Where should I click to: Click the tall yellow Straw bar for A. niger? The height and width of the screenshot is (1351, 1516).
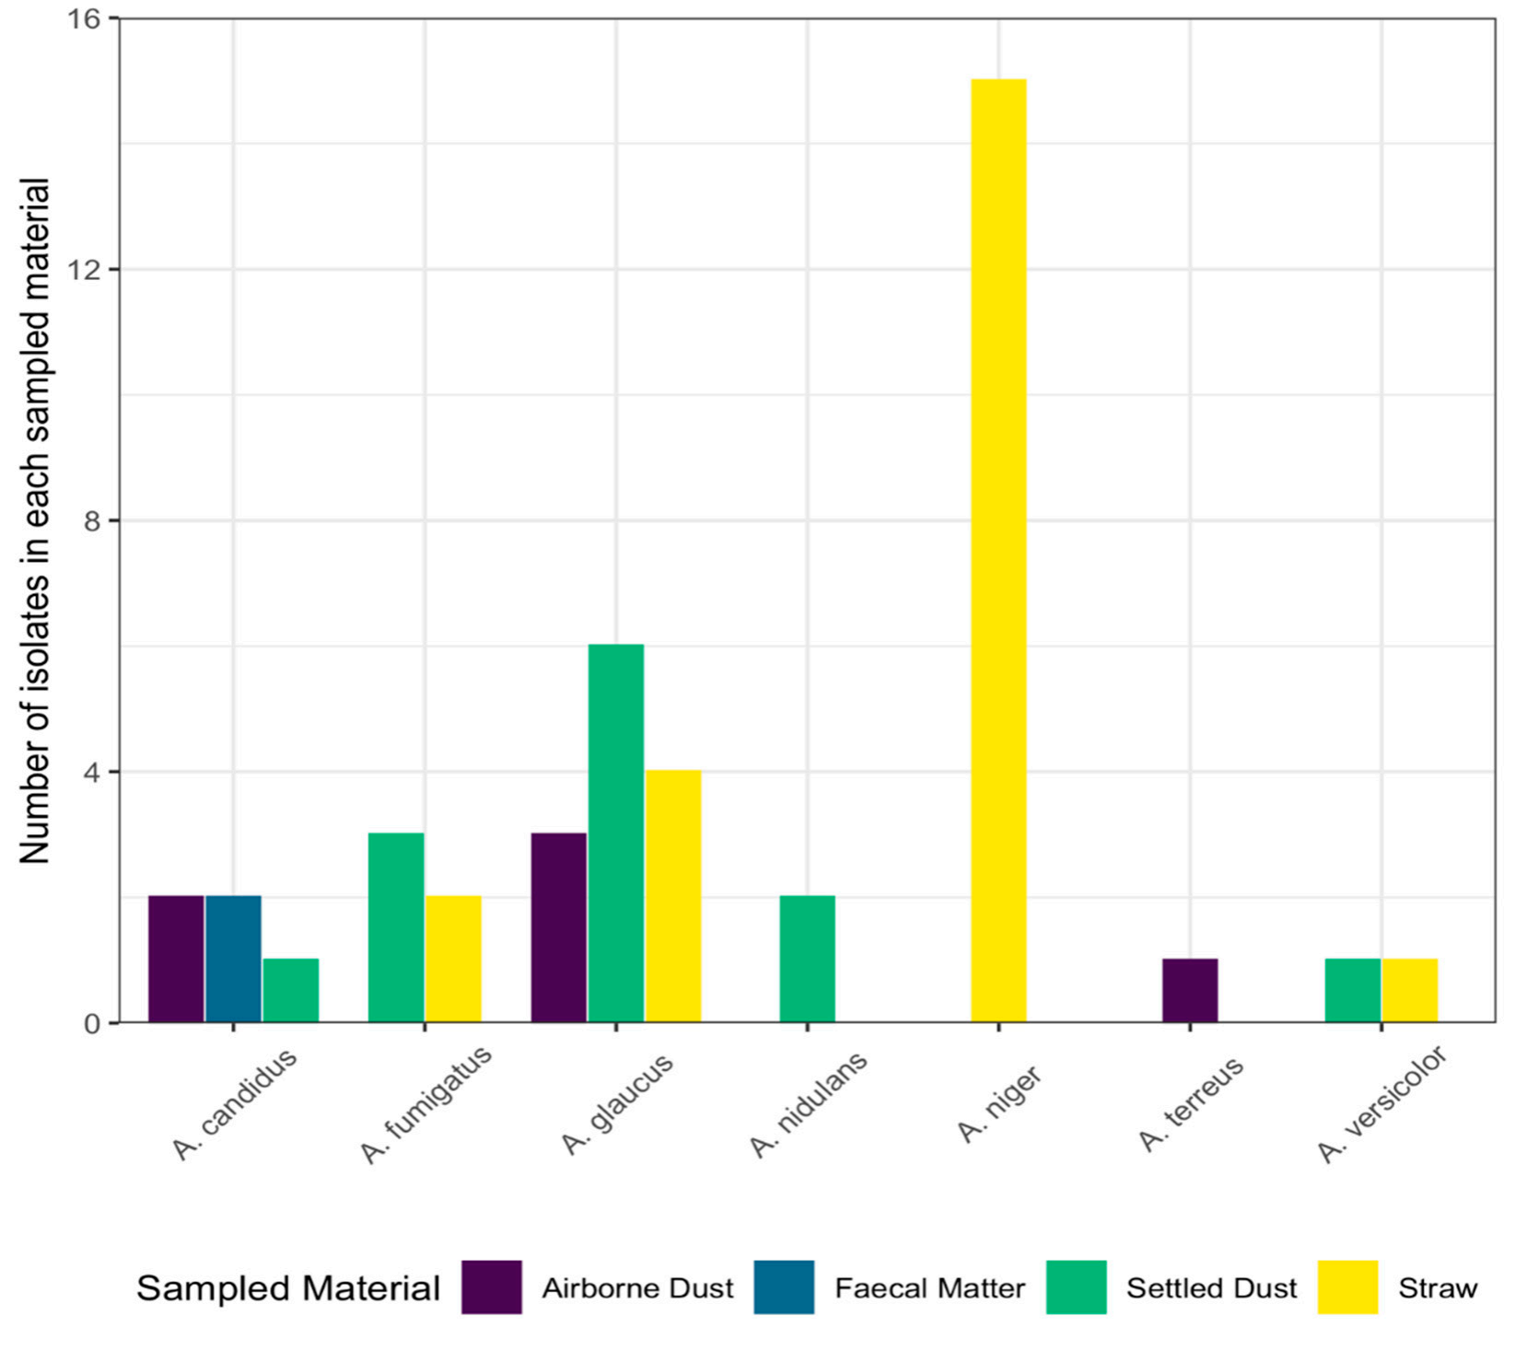(x=998, y=551)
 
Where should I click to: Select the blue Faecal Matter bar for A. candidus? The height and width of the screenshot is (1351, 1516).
(x=233, y=959)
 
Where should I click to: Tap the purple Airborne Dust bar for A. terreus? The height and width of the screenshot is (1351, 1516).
(x=1190, y=990)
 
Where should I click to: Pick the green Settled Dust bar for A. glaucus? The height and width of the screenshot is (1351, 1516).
(x=616, y=833)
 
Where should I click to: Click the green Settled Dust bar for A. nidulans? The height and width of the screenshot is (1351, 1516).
(x=808, y=959)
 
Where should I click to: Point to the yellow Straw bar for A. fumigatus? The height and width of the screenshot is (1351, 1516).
(x=453, y=959)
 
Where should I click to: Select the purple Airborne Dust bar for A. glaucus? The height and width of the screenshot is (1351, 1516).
(x=559, y=927)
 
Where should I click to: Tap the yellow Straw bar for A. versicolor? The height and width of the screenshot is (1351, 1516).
(x=1409, y=990)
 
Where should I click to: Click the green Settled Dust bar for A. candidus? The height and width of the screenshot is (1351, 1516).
(x=291, y=990)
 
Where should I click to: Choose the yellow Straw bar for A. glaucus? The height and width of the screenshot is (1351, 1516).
(x=673, y=896)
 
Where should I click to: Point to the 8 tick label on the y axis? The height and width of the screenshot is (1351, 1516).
(x=90, y=521)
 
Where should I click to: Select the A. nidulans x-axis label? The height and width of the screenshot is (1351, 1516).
(x=808, y=1104)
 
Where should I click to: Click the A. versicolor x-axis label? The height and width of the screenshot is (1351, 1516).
(x=1382, y=1104)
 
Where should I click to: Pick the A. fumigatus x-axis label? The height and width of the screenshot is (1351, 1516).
(x=426, y=1104)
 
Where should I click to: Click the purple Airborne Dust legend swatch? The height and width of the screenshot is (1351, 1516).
(x=492, y=1287)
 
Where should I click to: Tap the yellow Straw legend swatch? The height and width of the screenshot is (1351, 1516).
(x=1348, y=1287)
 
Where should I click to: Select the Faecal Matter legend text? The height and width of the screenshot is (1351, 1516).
(x=929, y=1287)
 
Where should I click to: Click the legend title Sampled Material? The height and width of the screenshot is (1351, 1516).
(x=288, y=1288)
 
